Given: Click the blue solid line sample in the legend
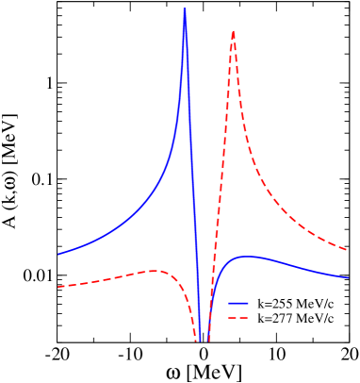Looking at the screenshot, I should coord(238,305).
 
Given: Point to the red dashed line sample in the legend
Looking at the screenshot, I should coord(238,320).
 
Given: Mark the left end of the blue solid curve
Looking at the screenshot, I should coord(58,255).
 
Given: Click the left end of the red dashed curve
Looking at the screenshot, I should coord(58,286).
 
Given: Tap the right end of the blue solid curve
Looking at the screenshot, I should coord(348,277).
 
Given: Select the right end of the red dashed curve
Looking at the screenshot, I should coord(348,250).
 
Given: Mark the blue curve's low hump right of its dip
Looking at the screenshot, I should coord(247,256).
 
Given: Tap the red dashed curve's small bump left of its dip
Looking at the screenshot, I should coord(154,271).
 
